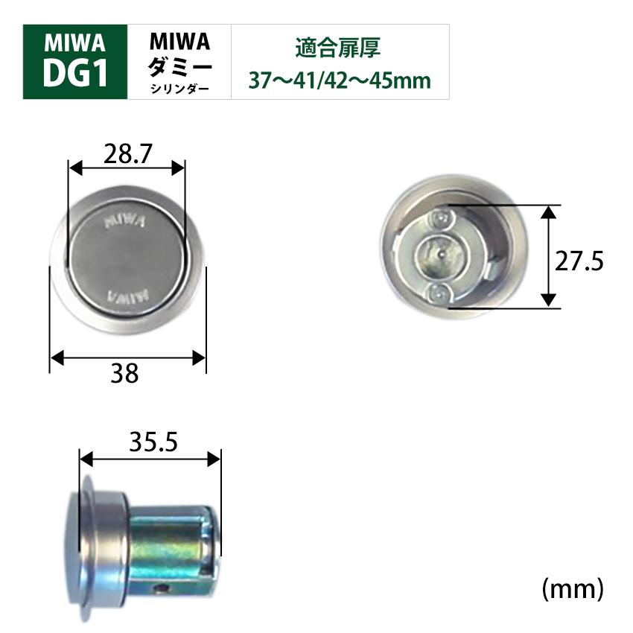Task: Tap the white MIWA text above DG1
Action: [x=75, y=41]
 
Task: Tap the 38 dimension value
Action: [x=127, y=373]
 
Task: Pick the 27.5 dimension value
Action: [x=579, y=261]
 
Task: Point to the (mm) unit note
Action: [x=571, y=588]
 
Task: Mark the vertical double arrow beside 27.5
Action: [x=549, y=256]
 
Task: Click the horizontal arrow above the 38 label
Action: [x=127, y=359]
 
